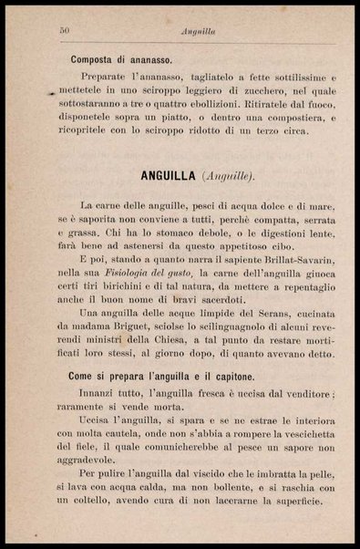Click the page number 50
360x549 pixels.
point(65,31)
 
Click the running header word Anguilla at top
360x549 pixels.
point(197,31)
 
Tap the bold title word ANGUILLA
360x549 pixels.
point(163,174)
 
